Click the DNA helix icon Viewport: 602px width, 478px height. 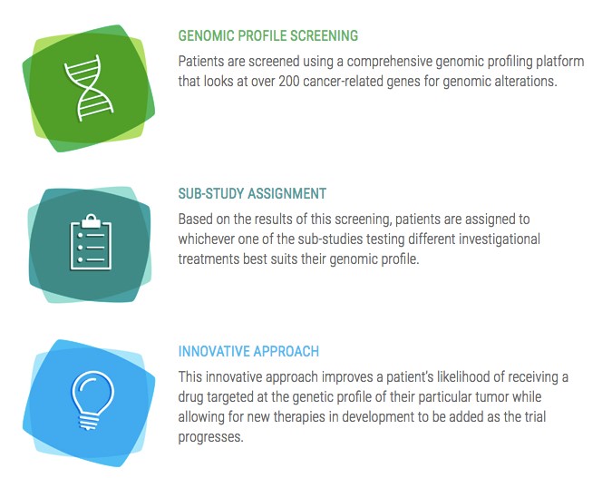(x=89, y=88)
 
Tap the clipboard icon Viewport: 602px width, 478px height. (x=91, y=242)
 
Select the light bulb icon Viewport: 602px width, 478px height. (x=92, y=400)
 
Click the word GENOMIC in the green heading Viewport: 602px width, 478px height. (x=206, y=35)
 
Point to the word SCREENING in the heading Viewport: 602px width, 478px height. (x=324, y=35)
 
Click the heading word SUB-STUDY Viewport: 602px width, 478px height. (x=210, y=193)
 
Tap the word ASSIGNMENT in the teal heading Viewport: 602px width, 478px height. (x=287, y=193)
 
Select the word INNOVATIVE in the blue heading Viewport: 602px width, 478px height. (x=214, y=351)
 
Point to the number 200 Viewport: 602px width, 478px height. (x=289, y=82)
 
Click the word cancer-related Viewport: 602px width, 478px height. (x=343, y=82)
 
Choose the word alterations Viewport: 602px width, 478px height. (x=525, y=82)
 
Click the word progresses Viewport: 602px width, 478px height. (x=210, y=437)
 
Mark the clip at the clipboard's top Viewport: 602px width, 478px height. (x=91, y=220)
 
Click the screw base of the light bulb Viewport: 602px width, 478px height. (x=89, y=423)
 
